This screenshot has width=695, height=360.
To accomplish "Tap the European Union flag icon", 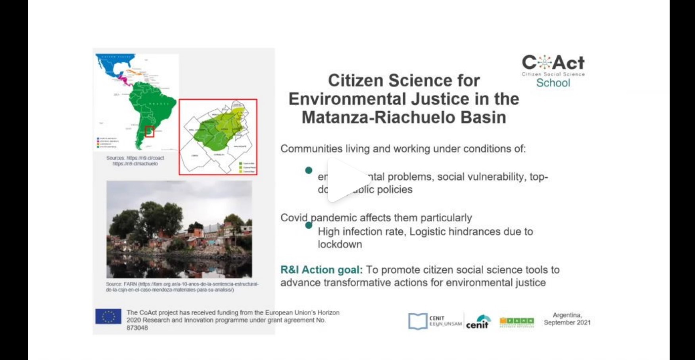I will point(108,317).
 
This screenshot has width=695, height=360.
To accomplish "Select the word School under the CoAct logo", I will point(553,83).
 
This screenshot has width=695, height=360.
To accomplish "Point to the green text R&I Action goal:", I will point(321,270).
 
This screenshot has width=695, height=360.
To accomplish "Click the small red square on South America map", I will point(150,131).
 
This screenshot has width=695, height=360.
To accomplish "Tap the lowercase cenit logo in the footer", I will point(478,322).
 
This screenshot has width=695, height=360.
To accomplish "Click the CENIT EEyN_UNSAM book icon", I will point(418,321).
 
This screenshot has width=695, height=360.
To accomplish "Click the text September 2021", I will point(567,323).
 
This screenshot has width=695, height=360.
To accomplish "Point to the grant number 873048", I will point(137,328).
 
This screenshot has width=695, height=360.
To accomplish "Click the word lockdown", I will point(340,244).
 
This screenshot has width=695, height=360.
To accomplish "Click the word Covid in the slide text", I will point(294,218).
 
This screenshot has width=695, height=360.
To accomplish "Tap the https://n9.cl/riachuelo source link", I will point(135,164).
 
